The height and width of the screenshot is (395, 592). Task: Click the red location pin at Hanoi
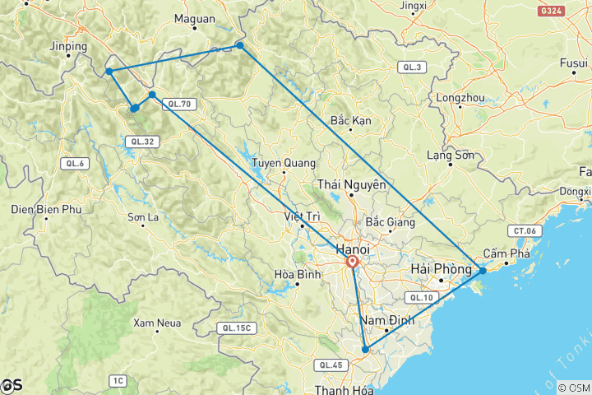click(352, 263)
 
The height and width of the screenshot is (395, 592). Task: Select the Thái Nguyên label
click(351, 185)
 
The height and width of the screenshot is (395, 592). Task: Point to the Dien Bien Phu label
click(47, 210)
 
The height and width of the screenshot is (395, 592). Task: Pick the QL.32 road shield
click(138, 142)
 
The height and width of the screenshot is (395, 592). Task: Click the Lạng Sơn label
click(451, 155)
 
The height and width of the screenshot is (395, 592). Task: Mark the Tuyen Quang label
click(271, 162)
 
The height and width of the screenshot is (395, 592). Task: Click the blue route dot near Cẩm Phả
click(483, 271)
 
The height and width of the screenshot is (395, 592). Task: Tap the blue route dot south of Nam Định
click(365, 350)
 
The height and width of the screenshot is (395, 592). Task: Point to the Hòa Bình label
click(294, 275)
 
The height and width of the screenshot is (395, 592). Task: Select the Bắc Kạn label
click(351, 121)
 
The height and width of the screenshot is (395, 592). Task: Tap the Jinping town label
click(68, 47)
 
